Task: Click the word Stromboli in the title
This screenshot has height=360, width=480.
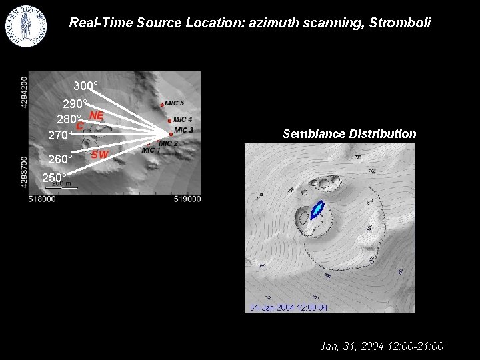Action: [x=401, y=23]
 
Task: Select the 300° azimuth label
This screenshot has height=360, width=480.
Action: [x=85, y=87]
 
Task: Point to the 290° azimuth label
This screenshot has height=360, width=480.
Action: [x=75, y=105]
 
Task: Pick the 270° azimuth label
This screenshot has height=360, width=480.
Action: [x=60, y=135]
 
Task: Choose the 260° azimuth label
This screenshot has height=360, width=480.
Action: [x=60, y=160]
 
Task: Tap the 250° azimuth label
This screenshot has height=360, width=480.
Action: [x=54, y=178]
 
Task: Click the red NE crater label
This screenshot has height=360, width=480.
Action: [x=97, y=115]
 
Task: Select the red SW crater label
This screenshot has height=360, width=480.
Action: [x=99, y=155]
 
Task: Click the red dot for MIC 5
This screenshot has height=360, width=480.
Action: [x=162, y=105]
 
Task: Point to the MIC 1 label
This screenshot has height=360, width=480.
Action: [x=151, y=151]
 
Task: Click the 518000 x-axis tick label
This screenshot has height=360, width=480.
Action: [x=41, y=199]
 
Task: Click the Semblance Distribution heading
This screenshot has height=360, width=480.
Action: [x=349, y=134]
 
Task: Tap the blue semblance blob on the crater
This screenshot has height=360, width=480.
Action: [x=316, y=210]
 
